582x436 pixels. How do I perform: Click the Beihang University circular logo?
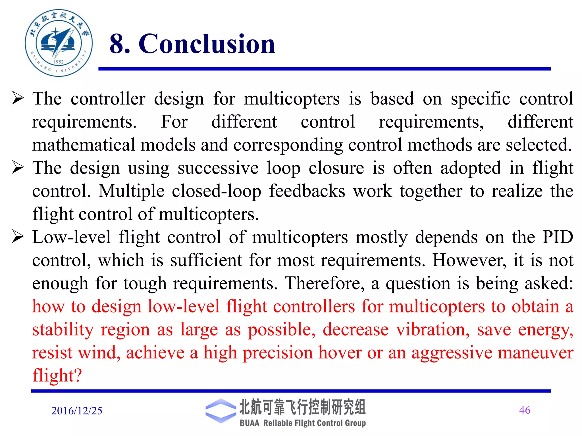59,43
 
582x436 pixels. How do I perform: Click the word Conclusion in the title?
207,44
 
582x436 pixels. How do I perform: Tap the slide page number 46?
524,410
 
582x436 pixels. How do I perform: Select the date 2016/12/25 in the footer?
77,411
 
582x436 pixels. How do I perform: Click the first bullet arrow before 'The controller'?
18,98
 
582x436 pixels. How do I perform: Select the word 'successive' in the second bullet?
218,168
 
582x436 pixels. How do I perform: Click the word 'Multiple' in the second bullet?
131,191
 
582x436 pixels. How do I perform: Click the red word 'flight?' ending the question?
57,375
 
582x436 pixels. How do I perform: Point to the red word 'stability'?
63,329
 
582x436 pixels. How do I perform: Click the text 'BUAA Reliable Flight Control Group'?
303,423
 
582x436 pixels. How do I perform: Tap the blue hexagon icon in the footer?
221,411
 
